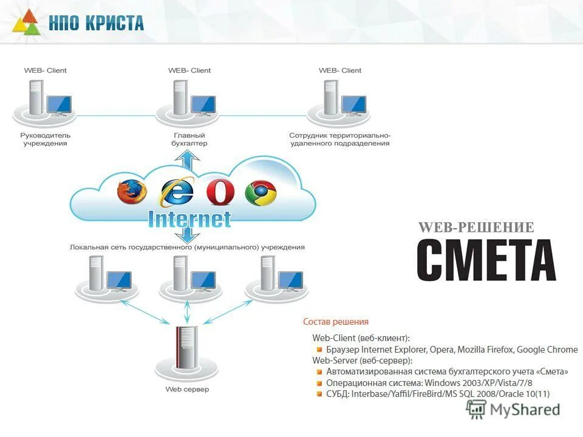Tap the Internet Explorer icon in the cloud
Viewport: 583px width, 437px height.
tap(177, 192)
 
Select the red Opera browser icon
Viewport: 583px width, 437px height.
tap(220, 192)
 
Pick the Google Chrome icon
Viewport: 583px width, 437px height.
tap(261, 192)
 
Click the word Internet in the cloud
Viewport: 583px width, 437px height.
tap(190, 218)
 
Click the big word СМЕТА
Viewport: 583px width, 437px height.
tap(486, 260)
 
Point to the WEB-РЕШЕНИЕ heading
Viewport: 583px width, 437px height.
tap(476, 228)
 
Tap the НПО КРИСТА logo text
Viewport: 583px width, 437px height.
tap(98, 23)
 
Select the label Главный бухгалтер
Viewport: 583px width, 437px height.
tap(189, 139)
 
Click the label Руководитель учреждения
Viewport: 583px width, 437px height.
tap(44, 139)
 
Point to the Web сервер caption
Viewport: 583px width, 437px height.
tap(187, 389)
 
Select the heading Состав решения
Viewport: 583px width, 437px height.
tap(335, 321)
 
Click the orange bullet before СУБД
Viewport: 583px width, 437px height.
tap(319, 394)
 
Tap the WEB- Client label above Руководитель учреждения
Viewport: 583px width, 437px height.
tap(45, 70)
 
